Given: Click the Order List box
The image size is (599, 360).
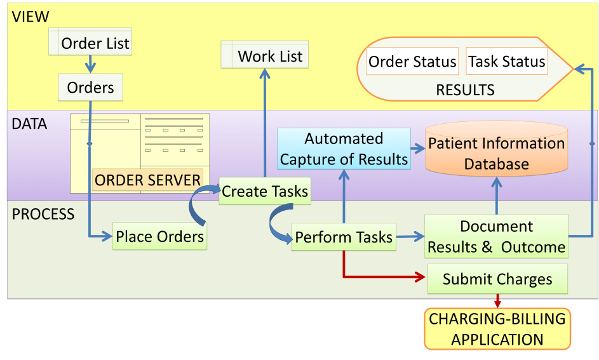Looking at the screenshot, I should tap(90, 43).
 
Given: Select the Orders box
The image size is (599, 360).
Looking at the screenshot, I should tap(90, 87).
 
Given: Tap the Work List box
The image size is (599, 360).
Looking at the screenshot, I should tap(264, 56).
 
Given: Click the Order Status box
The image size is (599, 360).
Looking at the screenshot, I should tap(412, 62).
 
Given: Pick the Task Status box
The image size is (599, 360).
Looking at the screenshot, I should tap(506, 62).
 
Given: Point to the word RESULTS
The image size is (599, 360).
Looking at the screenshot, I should tap(465, 90).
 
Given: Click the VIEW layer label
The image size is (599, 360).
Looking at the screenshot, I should tap(30, 17).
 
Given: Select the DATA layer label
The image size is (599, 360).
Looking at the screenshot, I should tap(30, 124).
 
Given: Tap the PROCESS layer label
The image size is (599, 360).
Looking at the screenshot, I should tap(43, 214).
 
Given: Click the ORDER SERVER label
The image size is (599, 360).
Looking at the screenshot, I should tap(148, 180).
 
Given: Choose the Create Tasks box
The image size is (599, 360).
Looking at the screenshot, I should tap(265, 191).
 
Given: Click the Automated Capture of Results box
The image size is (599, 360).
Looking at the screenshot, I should tap(344, 149).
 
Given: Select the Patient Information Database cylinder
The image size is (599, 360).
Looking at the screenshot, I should tap(496, 153).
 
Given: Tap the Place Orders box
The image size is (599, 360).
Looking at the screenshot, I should tap(159, 237).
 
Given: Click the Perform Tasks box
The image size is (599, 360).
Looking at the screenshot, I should tap(344, 237).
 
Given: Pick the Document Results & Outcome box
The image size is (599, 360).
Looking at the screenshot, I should tap(496, 236).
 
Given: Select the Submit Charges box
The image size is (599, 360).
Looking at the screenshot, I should tap(497, 279).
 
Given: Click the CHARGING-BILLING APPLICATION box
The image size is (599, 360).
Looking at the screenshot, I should tap(497, 328).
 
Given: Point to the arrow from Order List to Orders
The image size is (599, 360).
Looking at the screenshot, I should tap(90, 63).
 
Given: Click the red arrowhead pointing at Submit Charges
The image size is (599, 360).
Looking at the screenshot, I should tap(419, 277).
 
